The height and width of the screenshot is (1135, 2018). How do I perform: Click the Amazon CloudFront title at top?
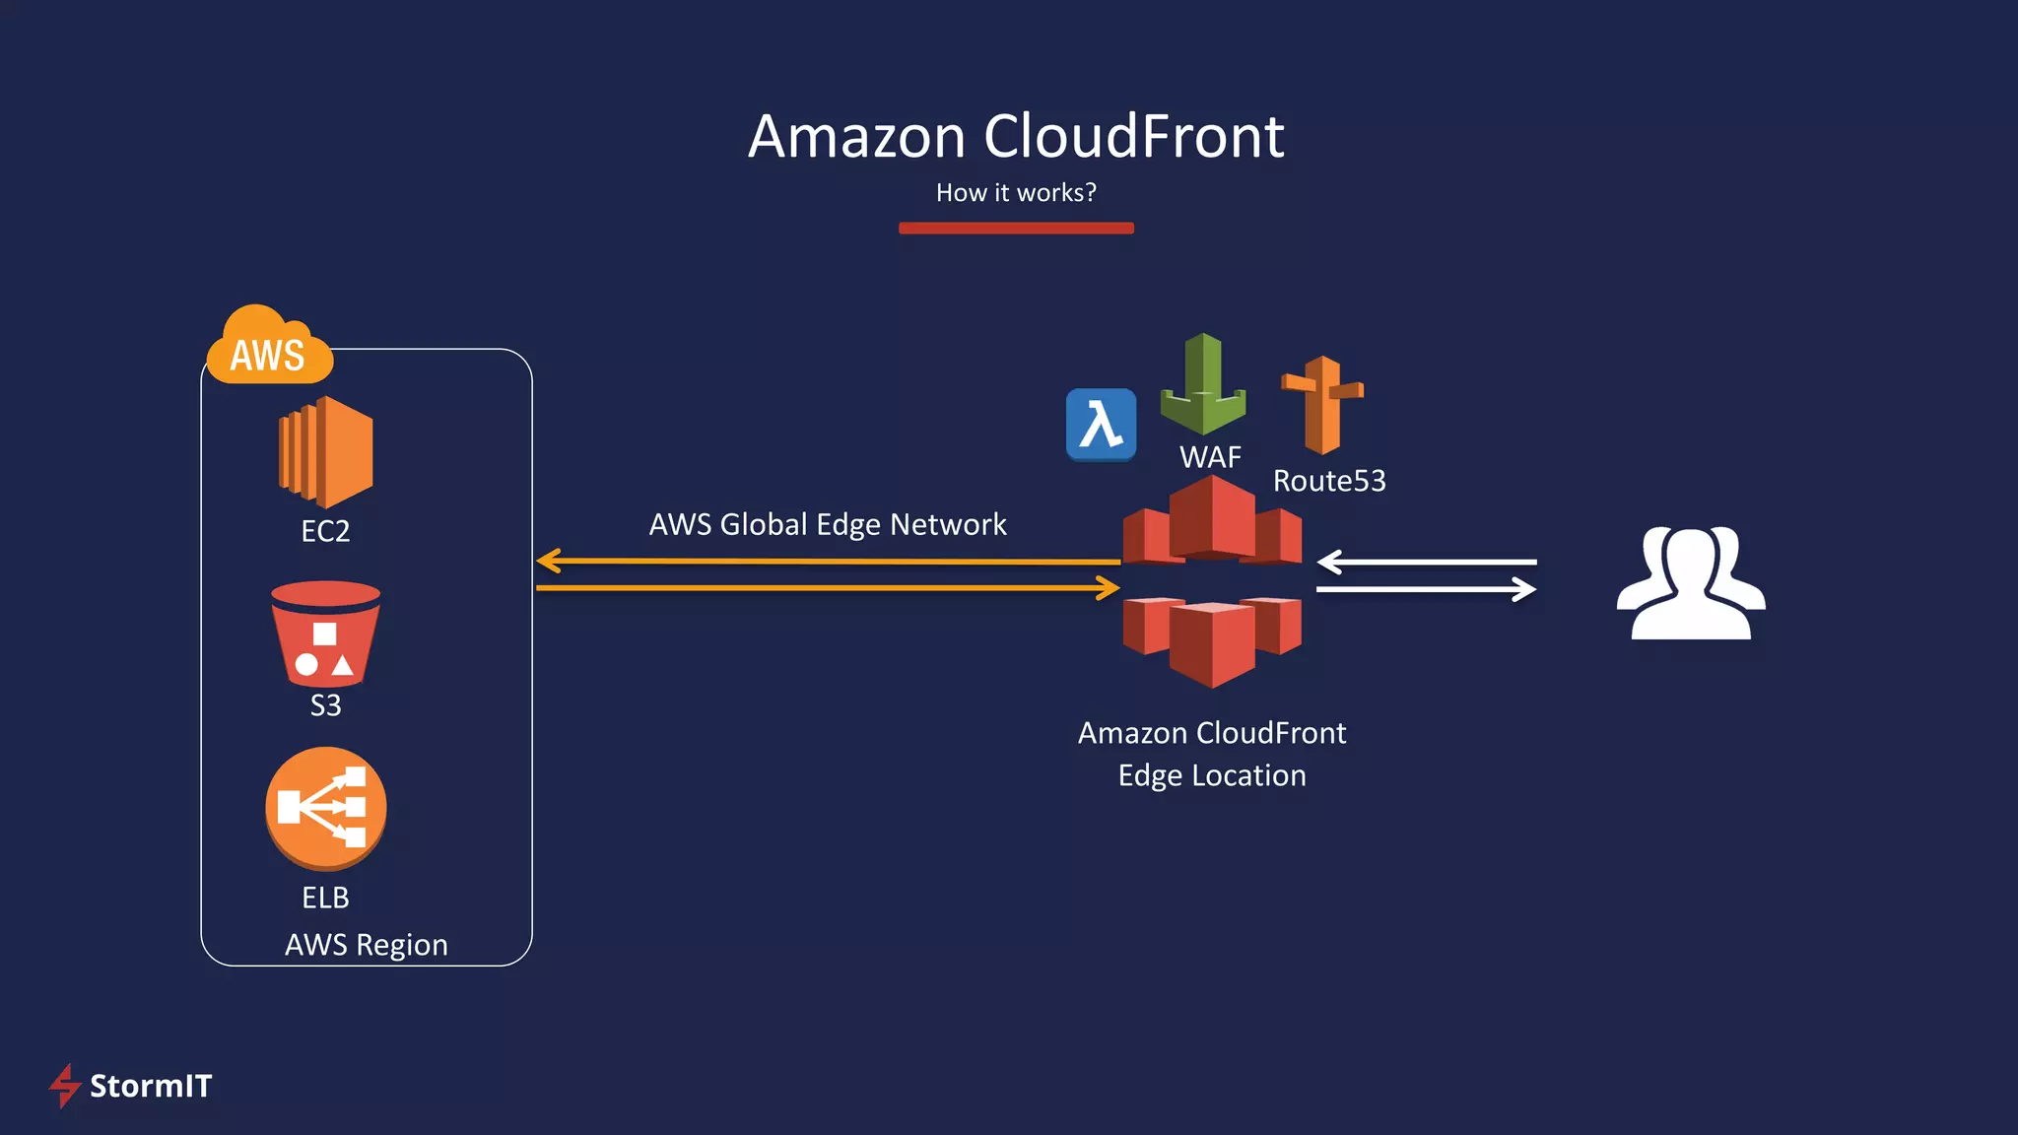click(1016, 136)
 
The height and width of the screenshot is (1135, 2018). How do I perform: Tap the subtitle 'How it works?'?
click(1016, 192)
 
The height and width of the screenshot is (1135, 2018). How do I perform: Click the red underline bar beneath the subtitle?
click(1016, 228)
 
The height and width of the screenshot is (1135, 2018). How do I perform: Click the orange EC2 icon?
click(327, 451)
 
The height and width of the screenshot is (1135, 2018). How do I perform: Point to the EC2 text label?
click(325, 531)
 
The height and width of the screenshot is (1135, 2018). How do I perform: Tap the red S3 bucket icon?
click(325, 634)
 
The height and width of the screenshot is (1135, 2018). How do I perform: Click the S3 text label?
click(325, 705)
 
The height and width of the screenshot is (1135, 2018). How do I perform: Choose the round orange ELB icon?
click(325, 808)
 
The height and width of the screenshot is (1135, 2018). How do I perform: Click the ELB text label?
click(325, 898)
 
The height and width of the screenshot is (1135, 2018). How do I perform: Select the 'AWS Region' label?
click(366, 945)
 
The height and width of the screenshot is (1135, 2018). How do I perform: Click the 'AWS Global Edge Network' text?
click(828, 524)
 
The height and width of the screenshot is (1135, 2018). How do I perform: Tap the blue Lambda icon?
click(1101, 425)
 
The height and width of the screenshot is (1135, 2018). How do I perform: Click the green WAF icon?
click(1203, 386)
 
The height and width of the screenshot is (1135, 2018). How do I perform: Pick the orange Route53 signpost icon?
click(1323, 404)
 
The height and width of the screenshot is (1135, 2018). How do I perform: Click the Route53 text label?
click(1329, 481)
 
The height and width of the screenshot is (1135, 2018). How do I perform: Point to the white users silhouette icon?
click(1691, 583)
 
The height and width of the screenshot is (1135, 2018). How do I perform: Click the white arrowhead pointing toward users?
click(1525, 590)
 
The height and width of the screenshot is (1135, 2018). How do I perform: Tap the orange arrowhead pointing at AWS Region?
click(549, 562)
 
